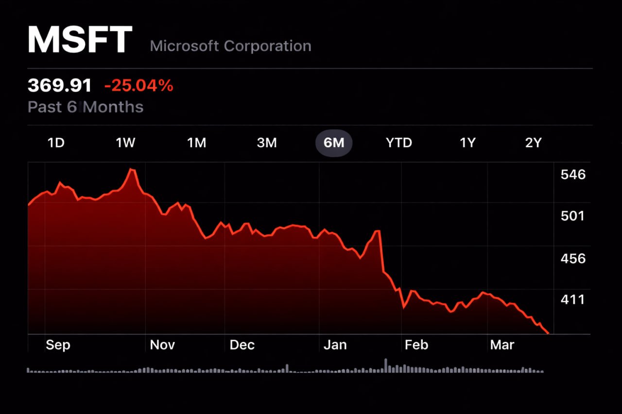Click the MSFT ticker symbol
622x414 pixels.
pos(80,39)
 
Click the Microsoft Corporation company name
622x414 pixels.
pos(230,46)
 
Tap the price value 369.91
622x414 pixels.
pos(59,86)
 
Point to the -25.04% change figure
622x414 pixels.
pos(138,86)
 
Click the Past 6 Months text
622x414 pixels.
pos(86,107)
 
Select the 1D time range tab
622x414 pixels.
pos(56,143)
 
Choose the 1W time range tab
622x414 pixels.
pos(125,143)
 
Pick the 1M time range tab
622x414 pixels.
pos(196,143)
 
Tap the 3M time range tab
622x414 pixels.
pos(266,143)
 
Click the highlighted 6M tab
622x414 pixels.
pos(334,143)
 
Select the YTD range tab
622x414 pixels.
pos(398,143)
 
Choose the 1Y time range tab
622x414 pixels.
pos(467,143)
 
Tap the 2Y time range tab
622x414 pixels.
pos(533,143)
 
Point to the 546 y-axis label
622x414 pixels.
pos(573,175)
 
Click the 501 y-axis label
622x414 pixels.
pos(572,215)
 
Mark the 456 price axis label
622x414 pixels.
pos(573,258)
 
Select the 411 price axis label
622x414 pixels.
pos(572,299)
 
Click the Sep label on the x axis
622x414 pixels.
pos(58,345)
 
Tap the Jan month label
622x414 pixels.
pos(335,345)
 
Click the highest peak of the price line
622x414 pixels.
pos(131,169)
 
